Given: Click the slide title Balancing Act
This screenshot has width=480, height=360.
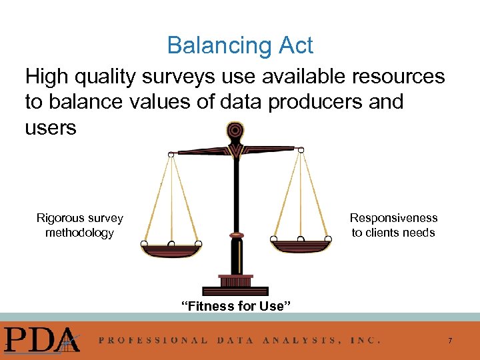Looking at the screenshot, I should [x=240, y=45].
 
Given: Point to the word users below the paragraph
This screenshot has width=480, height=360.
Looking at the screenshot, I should [x=51, y=127].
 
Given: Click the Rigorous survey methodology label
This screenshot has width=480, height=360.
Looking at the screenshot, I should [x=79, y=225].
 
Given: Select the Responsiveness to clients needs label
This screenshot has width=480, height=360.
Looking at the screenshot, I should [x=393, y=225].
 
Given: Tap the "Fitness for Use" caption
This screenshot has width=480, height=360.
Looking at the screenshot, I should [x=235, y=306].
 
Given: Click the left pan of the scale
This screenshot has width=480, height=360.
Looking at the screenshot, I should [x=171, y=250].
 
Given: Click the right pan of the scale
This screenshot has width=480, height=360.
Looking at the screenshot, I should [x=301, y=245].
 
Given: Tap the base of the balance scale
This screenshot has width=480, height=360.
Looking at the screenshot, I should [x=235, y=289].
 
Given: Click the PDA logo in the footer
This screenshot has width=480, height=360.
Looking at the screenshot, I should [x=40, y=339].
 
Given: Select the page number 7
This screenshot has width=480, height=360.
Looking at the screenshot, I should [x=450, y=341].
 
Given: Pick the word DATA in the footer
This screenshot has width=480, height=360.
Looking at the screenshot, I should [x=235, y=340].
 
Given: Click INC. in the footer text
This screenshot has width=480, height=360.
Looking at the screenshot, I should [x=365, y=340].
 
